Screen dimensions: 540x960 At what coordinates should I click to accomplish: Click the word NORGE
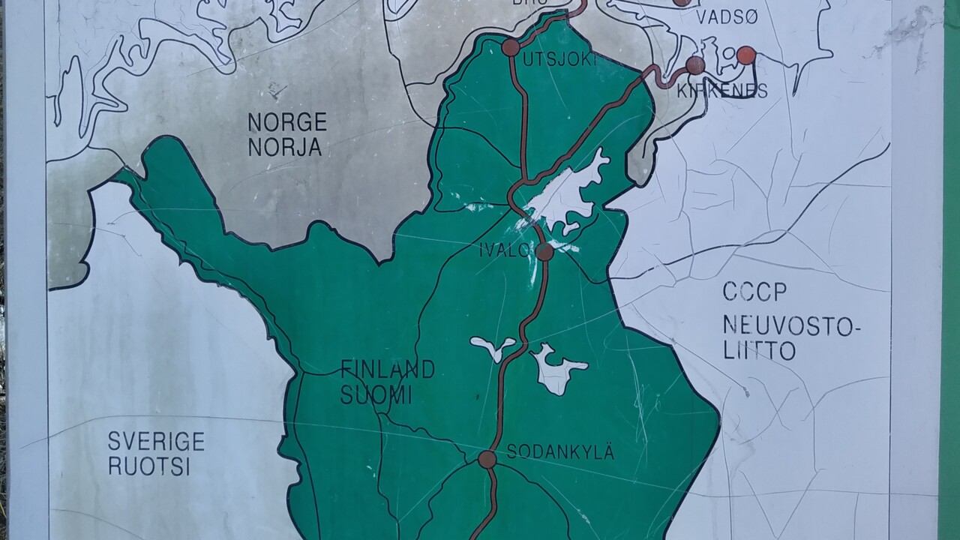tap(287, 121)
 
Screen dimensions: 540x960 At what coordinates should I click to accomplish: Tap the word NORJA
tap(285, 148)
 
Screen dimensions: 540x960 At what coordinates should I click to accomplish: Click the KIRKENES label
tap(722, 91)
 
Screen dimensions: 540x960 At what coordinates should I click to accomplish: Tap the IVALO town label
tap(505, 250)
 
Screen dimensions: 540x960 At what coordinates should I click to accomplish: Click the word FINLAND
tap(388, 369)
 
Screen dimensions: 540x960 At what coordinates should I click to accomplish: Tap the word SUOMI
tap(376, 394)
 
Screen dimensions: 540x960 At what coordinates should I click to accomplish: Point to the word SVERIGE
tap(156, 441)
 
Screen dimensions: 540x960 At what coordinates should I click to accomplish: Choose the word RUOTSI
tap(149, 466)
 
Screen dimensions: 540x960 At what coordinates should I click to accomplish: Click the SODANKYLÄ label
tap(560, 452)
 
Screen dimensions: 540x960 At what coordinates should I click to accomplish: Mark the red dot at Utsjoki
tap(511, 47)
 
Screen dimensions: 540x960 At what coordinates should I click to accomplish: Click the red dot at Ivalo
tap(545, 252)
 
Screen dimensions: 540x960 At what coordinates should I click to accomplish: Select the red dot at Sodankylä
tap(487, 459)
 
